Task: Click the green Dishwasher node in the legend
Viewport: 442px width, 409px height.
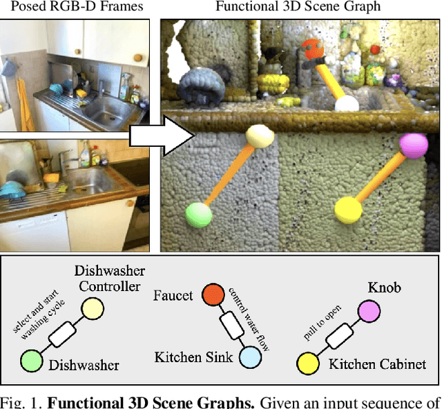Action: point(30,360)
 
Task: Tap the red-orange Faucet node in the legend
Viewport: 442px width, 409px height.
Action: point(213,296)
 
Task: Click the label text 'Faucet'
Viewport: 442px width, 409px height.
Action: point(173,295)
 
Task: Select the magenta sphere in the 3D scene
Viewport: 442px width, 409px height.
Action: point(414,146)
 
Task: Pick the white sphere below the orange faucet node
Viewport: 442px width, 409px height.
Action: point(347,103)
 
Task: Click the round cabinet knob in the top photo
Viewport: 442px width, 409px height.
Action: point(137,58)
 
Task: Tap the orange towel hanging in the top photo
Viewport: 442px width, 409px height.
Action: point(23,103)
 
